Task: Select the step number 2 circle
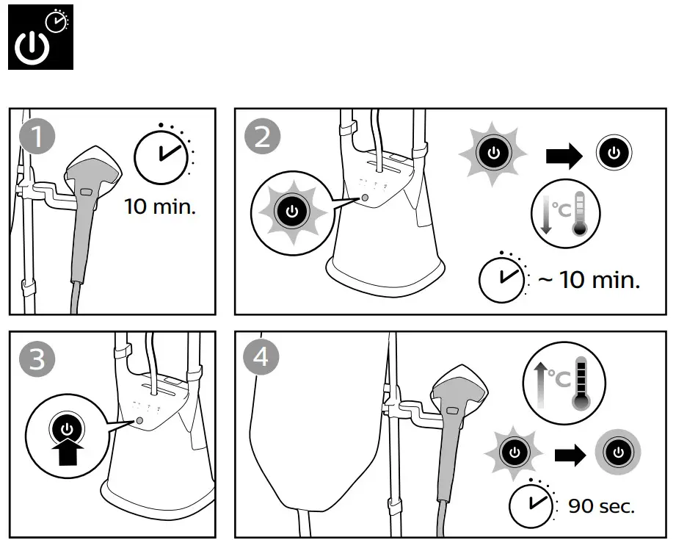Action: [x=263, y=137]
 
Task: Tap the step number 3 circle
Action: [x=37, y=360]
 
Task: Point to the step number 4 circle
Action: [x=263, y=359]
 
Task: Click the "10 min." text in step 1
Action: [x=160, y=206]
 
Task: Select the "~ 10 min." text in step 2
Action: [x=589, y=280]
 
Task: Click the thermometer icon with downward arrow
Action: [x=565, y=213]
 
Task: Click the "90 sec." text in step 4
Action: [x=601, y=506]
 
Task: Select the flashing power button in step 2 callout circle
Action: [x=291, y=212]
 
